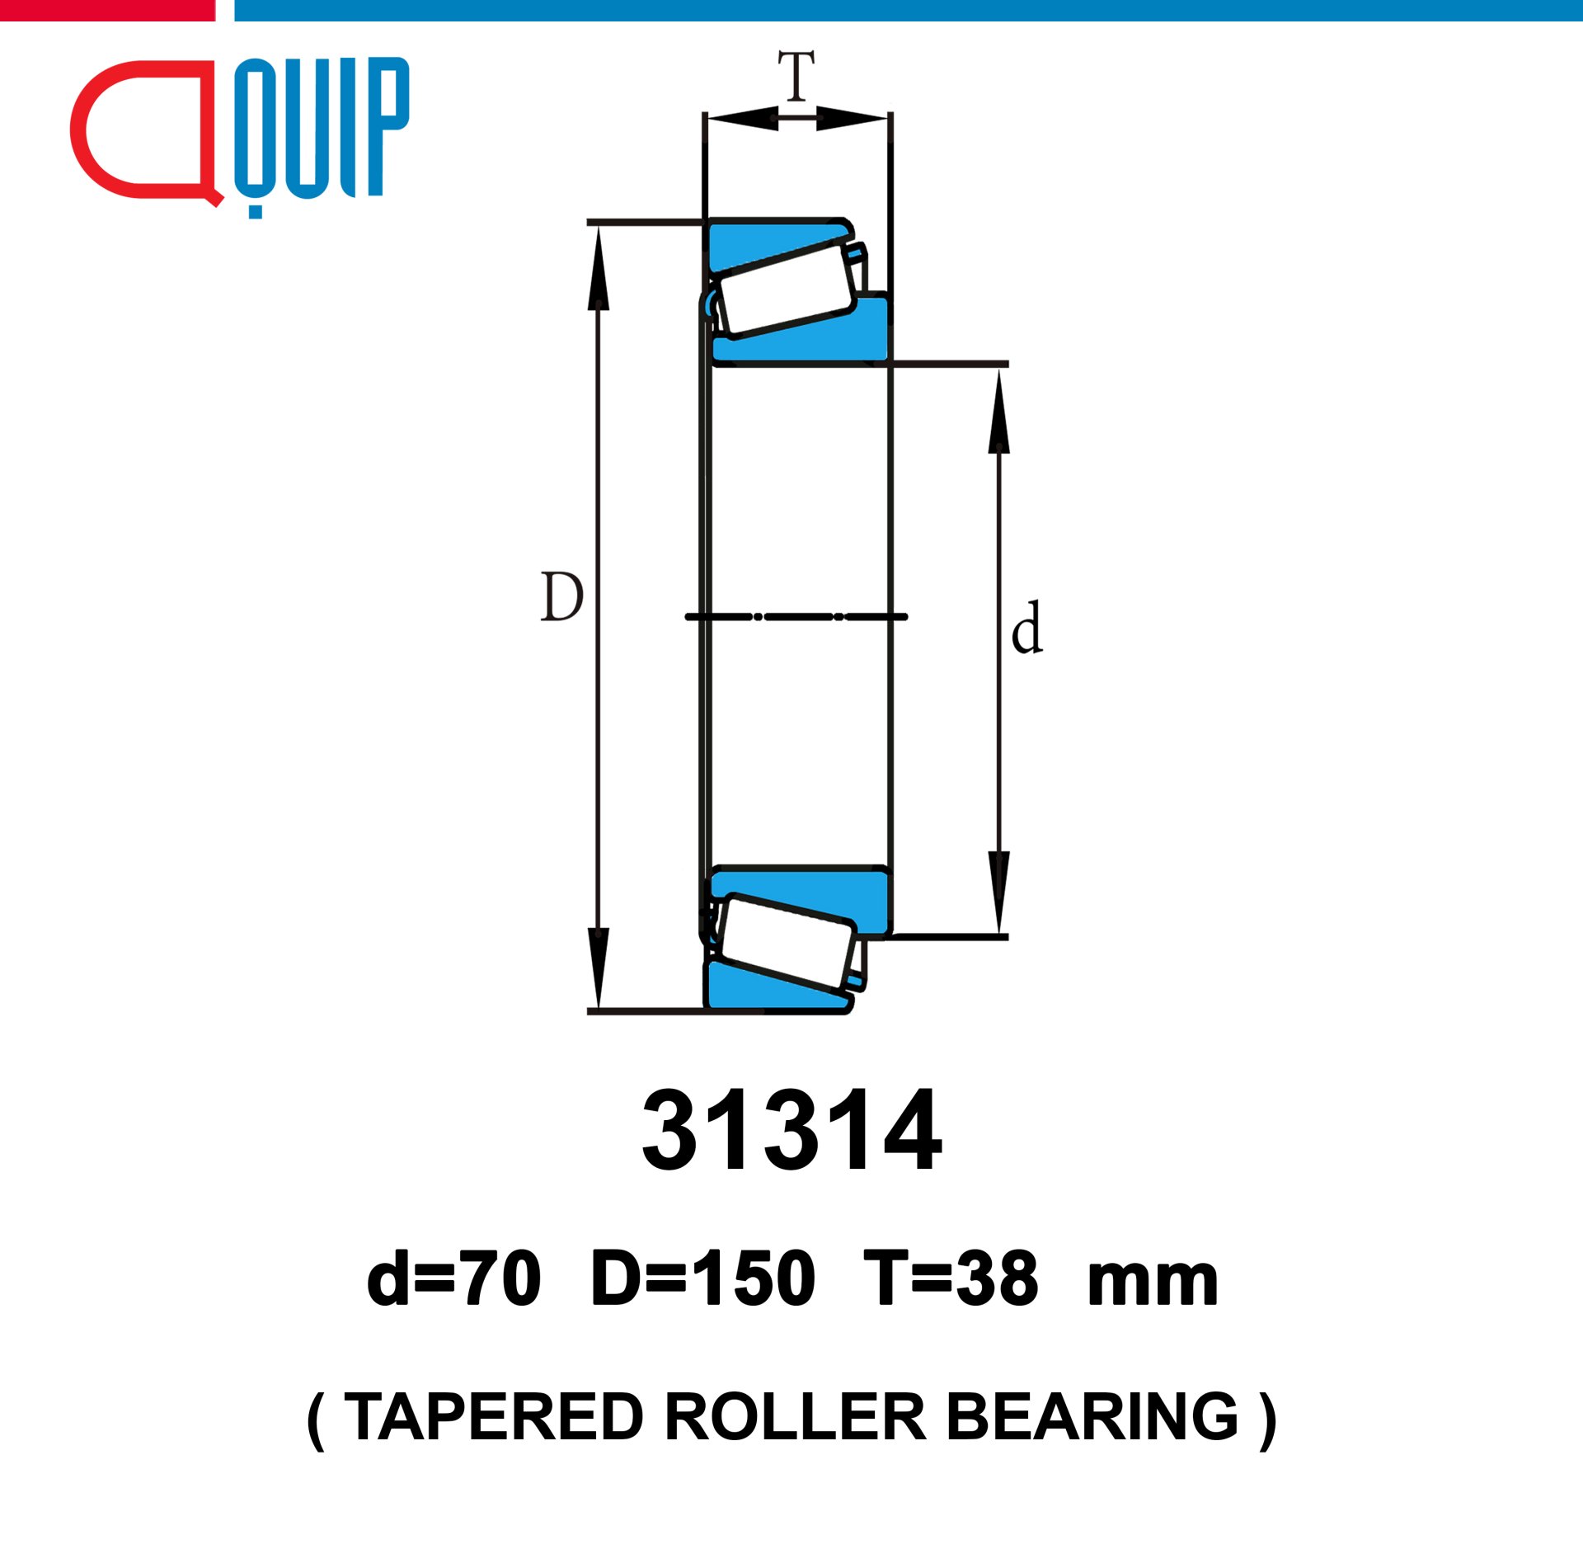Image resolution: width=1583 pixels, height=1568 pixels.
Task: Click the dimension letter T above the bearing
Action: pos(796,75)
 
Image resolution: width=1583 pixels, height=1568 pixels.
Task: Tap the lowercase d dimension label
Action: pos(1027,628)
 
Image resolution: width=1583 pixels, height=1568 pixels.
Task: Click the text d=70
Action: pos(454,1278)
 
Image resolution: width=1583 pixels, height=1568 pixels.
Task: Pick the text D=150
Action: pos(703,1278)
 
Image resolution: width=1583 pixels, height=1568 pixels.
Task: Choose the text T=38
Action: pos(951,1278)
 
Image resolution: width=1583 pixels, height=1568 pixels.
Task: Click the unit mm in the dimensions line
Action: pos(1153,1283)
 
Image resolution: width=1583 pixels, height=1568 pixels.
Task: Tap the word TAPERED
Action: pos(494,1417)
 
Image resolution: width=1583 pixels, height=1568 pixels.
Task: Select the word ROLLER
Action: pos(796,1417)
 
